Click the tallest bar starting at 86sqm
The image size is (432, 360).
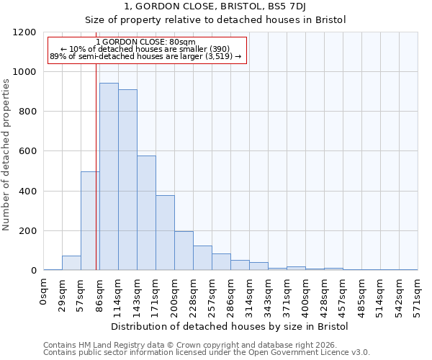point(109,176)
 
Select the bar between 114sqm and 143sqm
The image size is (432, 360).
point(127,180)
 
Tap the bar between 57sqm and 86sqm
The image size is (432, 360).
point(90,221)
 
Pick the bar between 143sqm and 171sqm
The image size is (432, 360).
point(146,213)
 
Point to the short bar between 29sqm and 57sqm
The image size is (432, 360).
point(71,263)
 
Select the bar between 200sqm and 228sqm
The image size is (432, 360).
point(184,251)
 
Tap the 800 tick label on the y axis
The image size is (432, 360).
point(28,112)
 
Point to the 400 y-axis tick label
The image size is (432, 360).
point(28,192)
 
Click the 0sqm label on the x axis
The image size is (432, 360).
point(44,291)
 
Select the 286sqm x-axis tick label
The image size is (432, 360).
point(231,295)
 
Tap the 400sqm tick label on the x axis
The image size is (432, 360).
point(306,295)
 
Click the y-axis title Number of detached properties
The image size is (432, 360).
point(6,151)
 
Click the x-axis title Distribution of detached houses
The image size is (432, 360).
point(230,326)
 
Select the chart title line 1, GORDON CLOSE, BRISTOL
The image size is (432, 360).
point(215,7)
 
